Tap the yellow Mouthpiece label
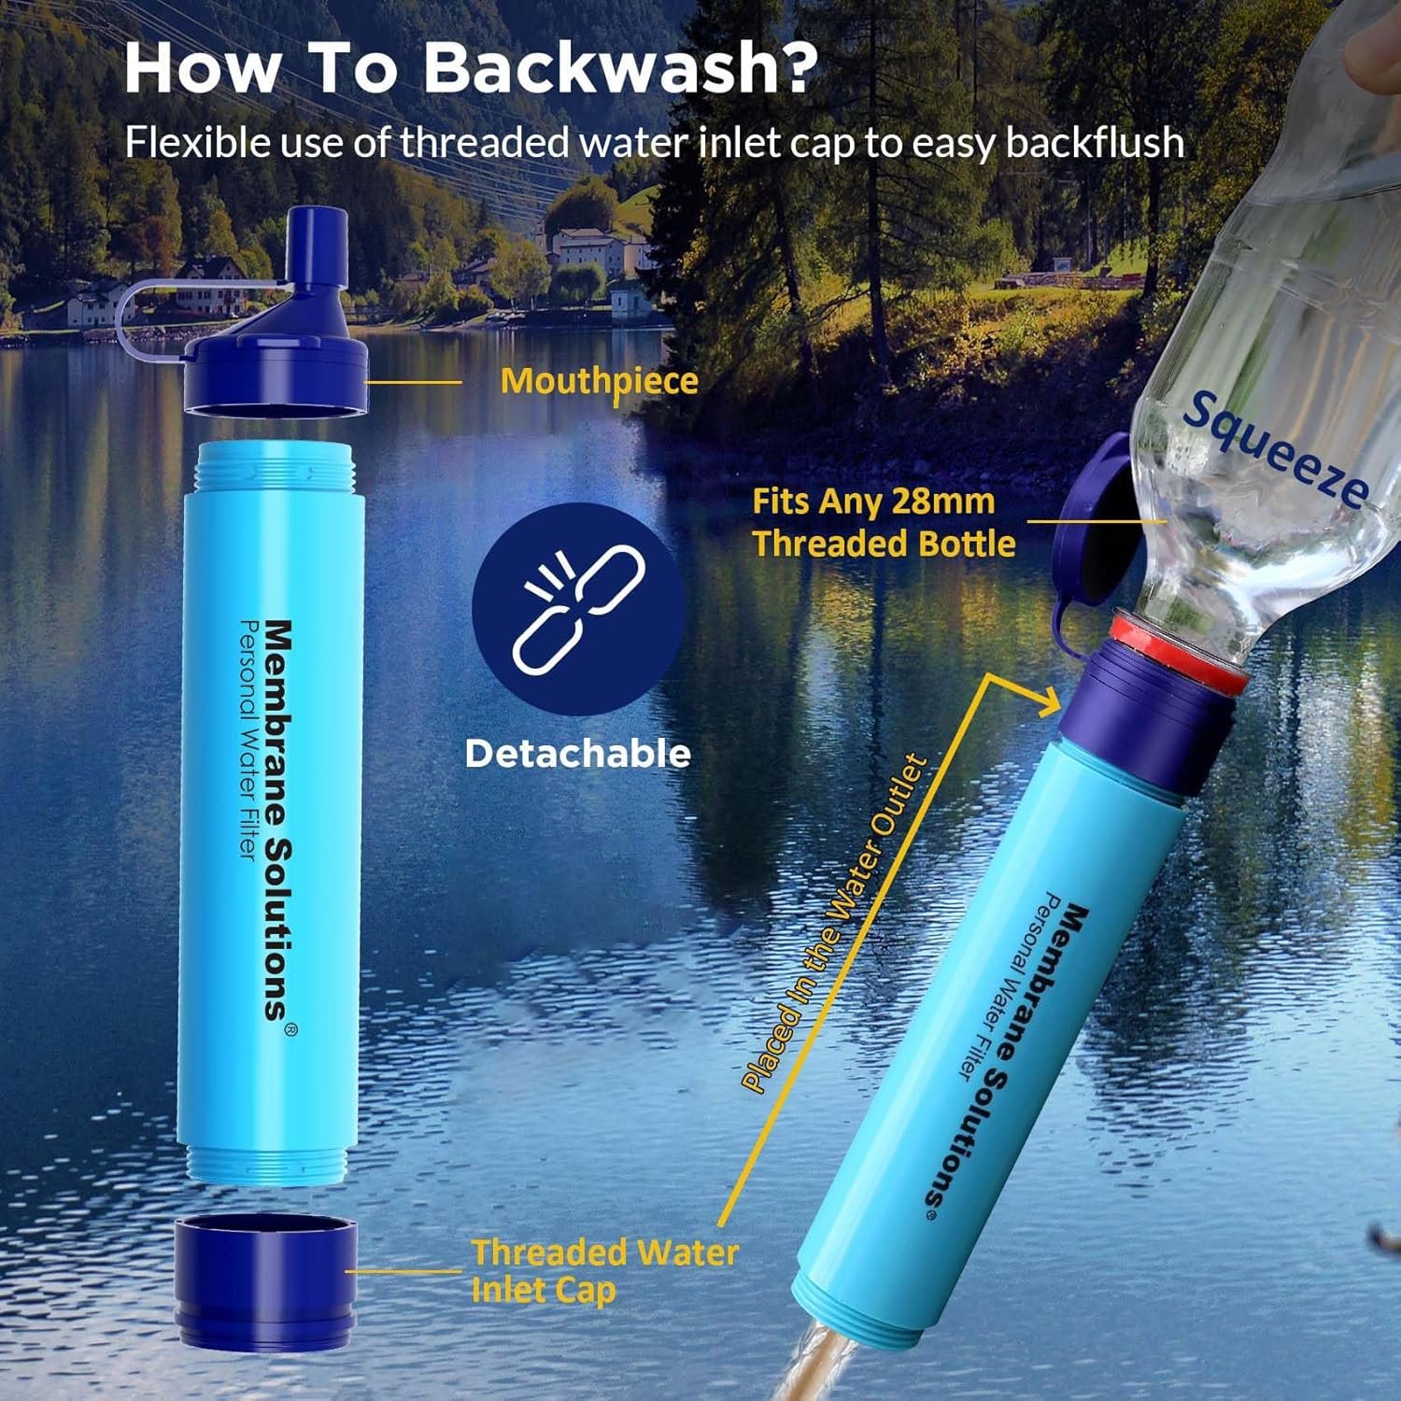pyautogui.click(x=599, y=381)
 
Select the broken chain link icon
pyautogui.click(x=578, y=610)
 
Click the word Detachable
pyautogui.click(x=578, y=754)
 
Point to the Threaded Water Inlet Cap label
pyautogui.click(x=603, y=1270)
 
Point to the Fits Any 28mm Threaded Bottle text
pyautogui.click(x=883, y=522)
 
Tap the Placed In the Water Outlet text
pyautogui.click(x=835, y=925)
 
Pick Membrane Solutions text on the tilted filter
pyautogui.click(x=1019, y=1055)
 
